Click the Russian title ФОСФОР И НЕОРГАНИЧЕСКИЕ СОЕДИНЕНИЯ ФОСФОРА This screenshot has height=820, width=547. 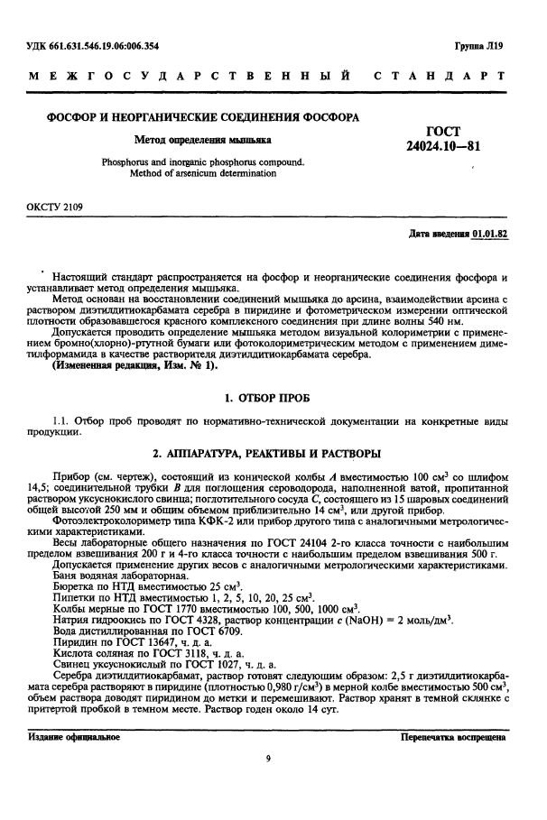(x=203, y=117)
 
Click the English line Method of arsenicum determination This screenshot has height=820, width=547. (x=202, y=173)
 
